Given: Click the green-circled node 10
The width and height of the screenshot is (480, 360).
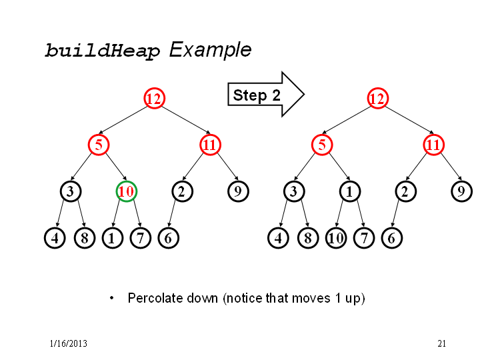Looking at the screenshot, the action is (127, 191).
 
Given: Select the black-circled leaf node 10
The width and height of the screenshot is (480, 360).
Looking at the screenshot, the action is (336, 238).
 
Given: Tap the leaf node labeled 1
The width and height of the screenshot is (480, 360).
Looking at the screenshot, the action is (113, 238).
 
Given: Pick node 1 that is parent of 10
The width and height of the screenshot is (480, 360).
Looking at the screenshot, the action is (349, 191).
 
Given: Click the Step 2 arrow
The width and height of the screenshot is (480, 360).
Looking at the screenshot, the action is (266, 95).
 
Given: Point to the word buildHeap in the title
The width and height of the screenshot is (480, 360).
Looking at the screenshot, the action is (102, 51).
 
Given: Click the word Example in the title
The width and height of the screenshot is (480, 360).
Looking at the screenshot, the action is (210, 50).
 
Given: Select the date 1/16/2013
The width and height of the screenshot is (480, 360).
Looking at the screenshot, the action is (69, 343).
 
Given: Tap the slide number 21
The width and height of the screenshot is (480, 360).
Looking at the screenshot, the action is (441, 343).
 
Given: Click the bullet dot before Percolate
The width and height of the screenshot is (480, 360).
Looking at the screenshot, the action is (112, 298).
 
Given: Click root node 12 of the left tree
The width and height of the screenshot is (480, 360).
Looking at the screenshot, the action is (154, 98).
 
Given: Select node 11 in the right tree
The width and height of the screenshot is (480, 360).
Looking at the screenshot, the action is (433, 145).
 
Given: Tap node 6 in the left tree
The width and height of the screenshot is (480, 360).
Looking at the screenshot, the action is (169, 238).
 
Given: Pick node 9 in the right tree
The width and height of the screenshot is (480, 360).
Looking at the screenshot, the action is (461, 191).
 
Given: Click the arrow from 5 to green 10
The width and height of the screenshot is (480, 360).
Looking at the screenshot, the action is (116, 166).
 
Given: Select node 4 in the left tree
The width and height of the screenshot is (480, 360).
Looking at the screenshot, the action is (55, 238).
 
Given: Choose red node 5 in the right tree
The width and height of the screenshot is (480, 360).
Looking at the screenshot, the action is (322, 145).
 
